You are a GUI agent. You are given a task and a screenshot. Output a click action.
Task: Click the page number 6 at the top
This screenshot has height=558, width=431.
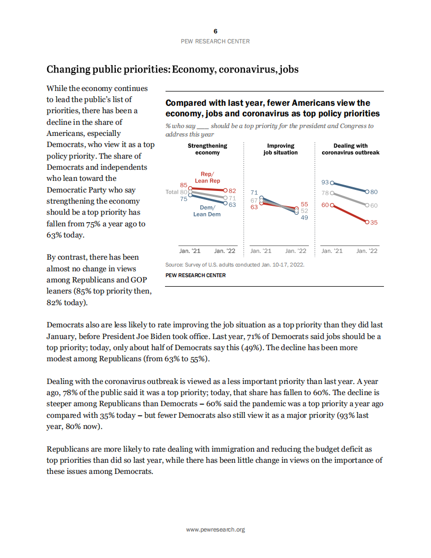(215, 31)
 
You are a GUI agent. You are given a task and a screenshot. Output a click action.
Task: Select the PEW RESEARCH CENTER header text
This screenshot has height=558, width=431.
(215, 41)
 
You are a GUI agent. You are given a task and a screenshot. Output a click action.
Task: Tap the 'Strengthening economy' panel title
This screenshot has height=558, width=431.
(207, 149)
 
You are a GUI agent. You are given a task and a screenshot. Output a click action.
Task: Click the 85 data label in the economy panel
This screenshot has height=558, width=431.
(184, 185)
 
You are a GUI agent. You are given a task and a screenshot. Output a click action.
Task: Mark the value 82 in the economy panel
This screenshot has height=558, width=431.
(232, 190)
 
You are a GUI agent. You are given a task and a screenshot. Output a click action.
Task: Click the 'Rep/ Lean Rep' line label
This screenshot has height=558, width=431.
(207, 177)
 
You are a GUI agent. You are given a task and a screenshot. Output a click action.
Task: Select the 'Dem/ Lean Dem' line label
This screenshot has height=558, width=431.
(207, 211)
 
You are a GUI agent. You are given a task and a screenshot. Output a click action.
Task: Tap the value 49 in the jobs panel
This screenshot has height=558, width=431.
(304, 217)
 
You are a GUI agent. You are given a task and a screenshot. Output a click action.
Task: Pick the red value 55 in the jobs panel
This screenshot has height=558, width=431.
(304, 204)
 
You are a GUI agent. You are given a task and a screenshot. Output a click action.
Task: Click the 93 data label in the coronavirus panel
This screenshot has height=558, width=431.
(325, 182)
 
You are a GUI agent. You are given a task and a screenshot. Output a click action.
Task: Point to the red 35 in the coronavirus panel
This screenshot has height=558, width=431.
(373, 223)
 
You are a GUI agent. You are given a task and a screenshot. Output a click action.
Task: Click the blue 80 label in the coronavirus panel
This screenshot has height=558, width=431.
(374, 192)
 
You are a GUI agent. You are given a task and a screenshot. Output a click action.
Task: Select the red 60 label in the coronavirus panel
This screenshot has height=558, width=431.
(325, 205)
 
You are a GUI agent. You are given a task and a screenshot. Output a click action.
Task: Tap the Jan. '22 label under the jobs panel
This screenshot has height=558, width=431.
(296, 251)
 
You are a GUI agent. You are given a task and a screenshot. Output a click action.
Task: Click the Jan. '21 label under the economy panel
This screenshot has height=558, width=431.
(190, 251)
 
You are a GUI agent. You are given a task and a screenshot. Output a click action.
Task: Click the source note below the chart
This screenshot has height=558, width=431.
(235, 264)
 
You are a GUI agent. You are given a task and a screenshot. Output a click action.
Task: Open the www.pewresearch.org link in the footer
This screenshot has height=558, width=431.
(215, 529)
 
